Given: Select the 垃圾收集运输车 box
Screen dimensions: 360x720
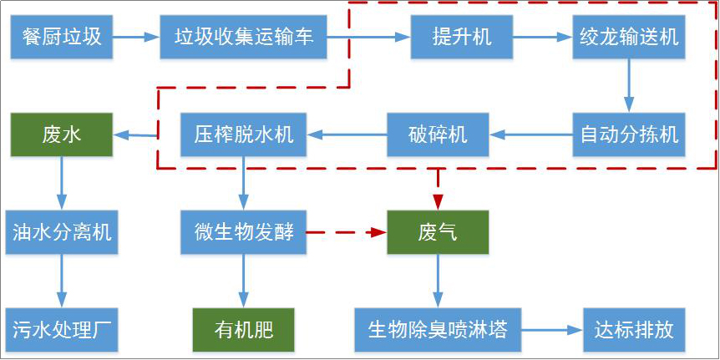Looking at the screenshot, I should (x=243, y=38).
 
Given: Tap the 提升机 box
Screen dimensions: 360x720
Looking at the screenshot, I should (x=462, y=38).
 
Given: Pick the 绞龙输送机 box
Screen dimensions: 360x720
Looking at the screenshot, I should (x=629, y=38).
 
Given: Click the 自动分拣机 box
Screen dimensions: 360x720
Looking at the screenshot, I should (x=629, y=134).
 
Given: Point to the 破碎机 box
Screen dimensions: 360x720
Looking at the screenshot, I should (x=438, y=134).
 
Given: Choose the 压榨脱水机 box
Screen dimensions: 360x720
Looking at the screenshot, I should (x=244, y=134).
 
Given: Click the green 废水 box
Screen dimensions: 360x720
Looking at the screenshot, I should (x=61, y=134).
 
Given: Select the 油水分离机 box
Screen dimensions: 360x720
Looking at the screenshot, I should (x=61, y=232).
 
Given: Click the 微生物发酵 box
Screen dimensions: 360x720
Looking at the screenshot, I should (x=244, y=232).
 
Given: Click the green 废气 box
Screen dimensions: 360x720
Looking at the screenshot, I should (x=438, y=232).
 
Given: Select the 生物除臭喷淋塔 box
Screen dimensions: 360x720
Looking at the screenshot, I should (x=438, y=329).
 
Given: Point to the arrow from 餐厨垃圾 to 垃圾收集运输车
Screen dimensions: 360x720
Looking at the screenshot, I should (x=136, y=38).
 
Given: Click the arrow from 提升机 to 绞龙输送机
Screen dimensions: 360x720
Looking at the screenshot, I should (x=542, y=38).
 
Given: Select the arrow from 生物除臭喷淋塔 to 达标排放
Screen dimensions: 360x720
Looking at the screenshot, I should (x=550, y=329).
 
